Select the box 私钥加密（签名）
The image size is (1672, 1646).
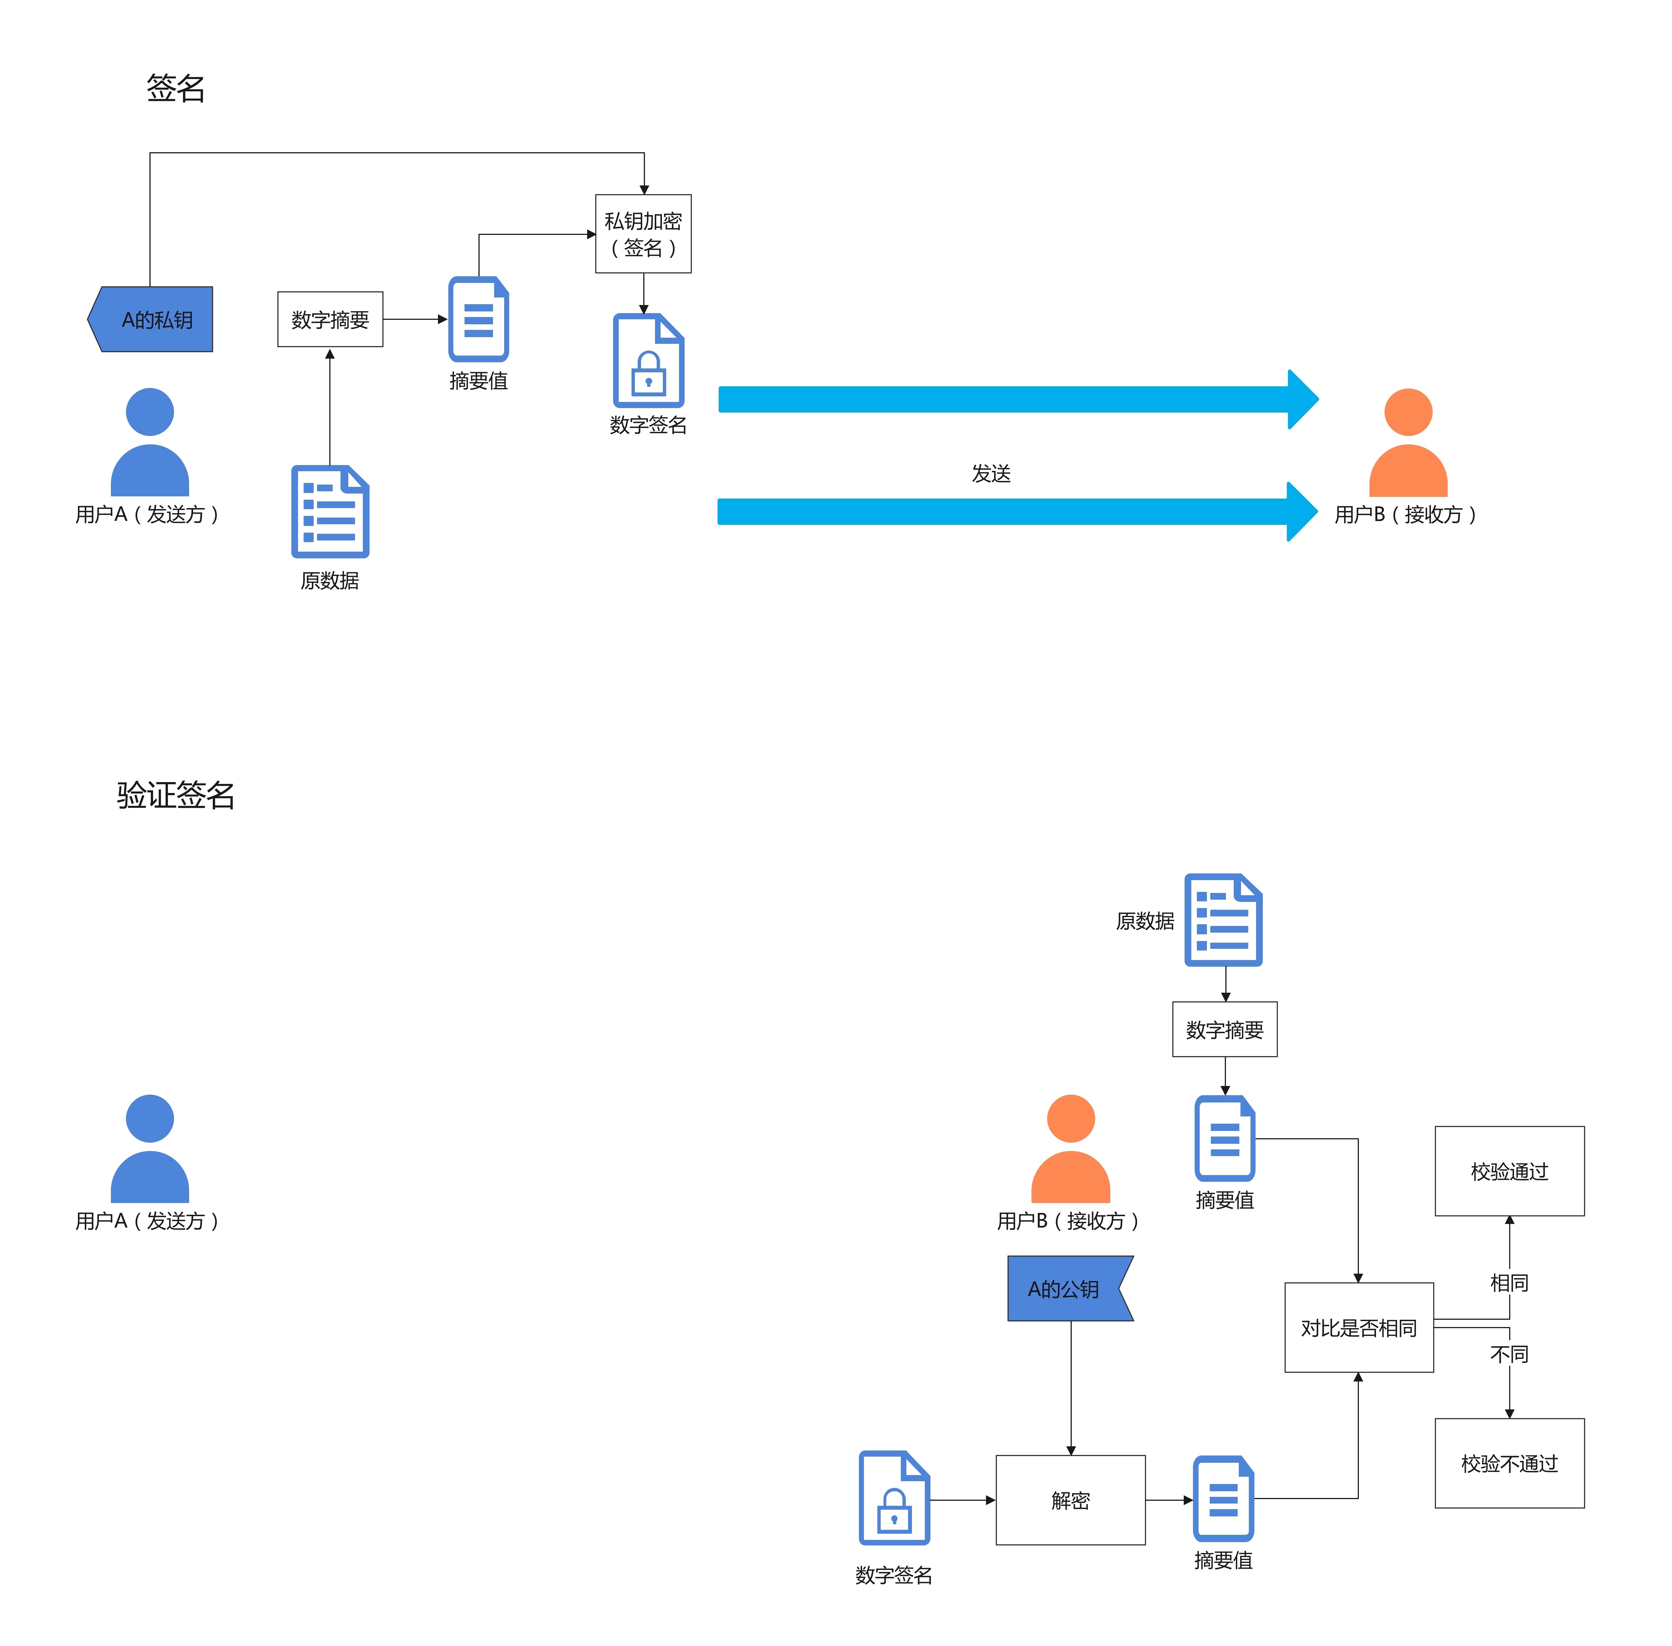coord(643,234)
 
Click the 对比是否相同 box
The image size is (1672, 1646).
coord(1358,1327)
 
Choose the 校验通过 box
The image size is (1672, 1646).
coord(1509,1171)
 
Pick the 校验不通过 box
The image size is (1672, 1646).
coord(1509,1463)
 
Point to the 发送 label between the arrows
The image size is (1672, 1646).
coord(991,473)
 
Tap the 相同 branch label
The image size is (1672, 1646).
coord(1509,1282)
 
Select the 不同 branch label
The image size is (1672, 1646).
coord(1509,1354)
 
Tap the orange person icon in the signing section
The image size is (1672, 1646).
coord(1407,443)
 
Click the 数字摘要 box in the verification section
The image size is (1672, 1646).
coord(1224,1029)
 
